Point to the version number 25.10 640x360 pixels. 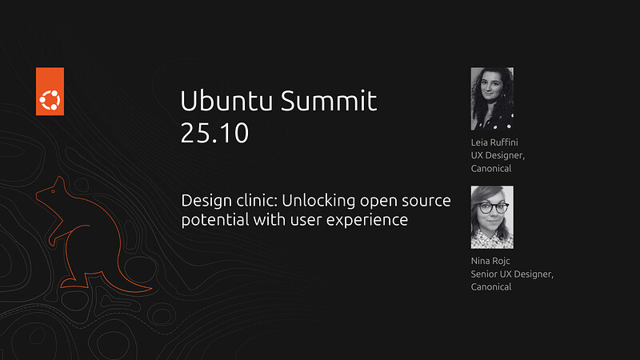[214, 133]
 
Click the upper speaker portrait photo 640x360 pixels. [492, 98]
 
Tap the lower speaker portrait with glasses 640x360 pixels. [492, 217]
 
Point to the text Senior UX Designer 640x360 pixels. [512, 274]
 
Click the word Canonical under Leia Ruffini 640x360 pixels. [491, 169]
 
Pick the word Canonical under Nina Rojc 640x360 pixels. [491, 287]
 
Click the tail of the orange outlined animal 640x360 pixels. [136, 285]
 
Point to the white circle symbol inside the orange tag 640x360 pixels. [50, 100]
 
